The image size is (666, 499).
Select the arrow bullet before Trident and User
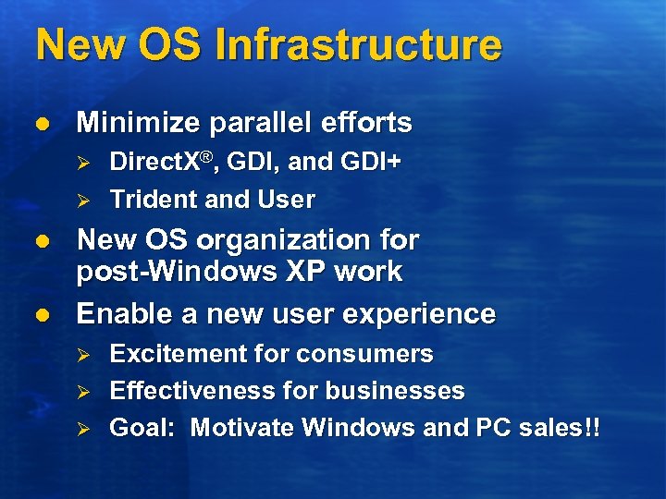click(81, 201)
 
